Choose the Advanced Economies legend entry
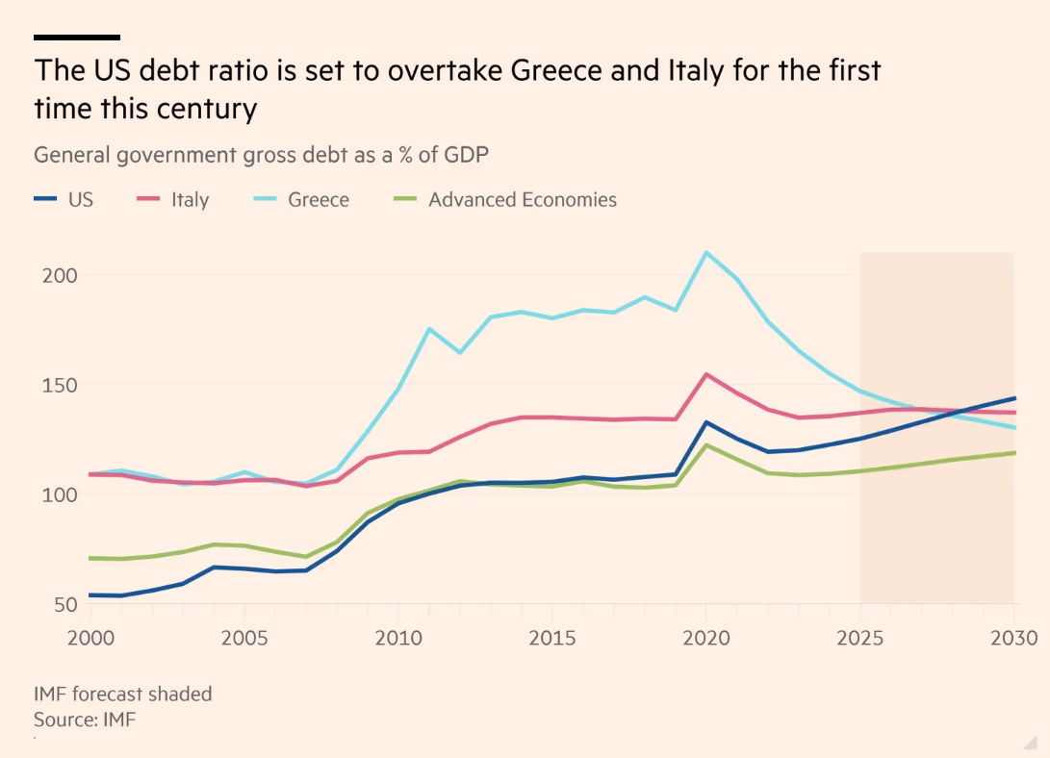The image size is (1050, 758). [506, 200]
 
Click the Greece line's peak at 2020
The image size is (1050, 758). [705, 253]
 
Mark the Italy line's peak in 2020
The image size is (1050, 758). [705, 374]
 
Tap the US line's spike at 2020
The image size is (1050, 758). [705, 422]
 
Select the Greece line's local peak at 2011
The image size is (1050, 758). [428, 329]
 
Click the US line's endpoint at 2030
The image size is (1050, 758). [1014, 398]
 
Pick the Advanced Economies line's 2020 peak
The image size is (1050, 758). [705, 444]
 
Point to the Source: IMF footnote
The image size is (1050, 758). [85, 719]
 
